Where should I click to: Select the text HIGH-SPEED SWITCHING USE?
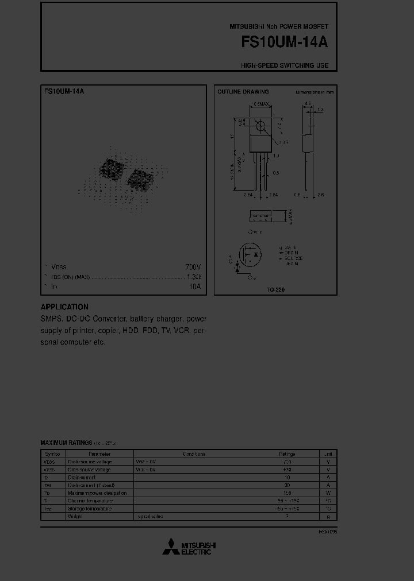click(285, 65)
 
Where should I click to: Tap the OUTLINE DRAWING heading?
click(243, 92)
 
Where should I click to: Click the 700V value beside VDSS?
click(193, 267)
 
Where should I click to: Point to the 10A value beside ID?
click(194, 286)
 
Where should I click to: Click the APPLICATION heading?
click(64, 307)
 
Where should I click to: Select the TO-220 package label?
click(275, 290)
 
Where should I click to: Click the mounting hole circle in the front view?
click(261, 126)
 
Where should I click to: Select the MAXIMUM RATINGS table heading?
click(66, 443)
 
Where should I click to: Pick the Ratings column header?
click(287, 454)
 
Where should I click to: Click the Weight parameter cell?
click(75, 516)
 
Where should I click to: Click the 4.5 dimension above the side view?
click(308, 104)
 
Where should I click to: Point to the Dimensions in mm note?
click(315, 92)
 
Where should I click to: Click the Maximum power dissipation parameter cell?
click(97, 493)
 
